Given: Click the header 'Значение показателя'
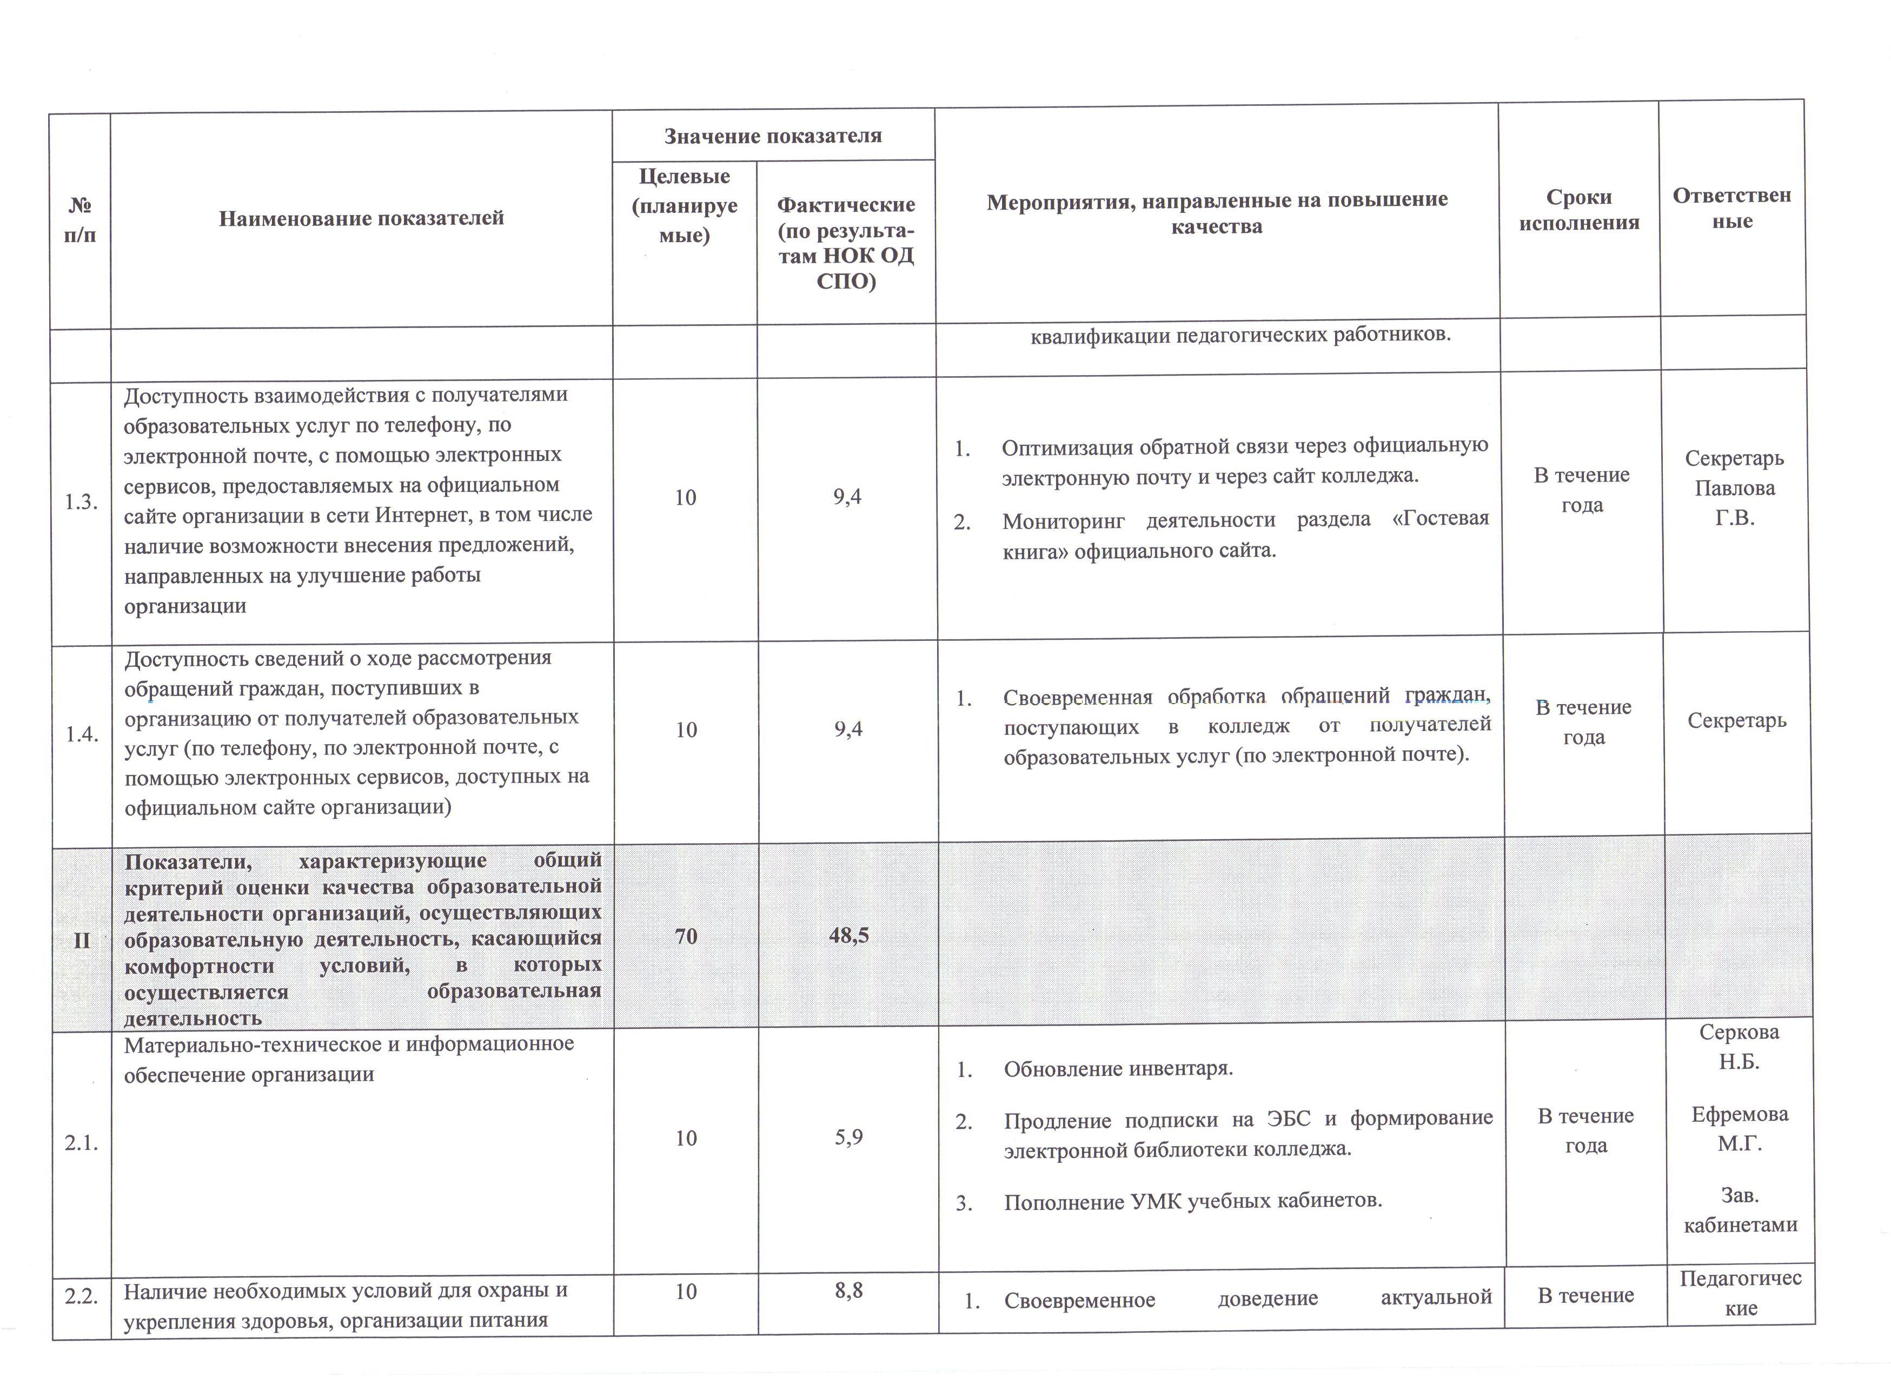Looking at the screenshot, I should pos(773,136).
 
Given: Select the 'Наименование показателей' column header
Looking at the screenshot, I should pos(361,218).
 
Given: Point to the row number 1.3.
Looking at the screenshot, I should pos(81,502).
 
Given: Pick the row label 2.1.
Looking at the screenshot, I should pos(82,1143).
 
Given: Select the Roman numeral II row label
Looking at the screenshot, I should pos(82,941).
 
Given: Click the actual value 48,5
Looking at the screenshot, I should pos(848,936).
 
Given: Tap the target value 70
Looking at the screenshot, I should pos(686,936).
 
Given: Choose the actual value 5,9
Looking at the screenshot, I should pos(848,1138).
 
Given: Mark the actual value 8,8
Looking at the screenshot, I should pos(848,1290).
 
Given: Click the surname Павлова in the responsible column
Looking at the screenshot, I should pos(1734,488).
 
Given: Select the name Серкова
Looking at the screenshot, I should pos(1739,1033).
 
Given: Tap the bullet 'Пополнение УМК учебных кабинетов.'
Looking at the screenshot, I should pos(1193,1202).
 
